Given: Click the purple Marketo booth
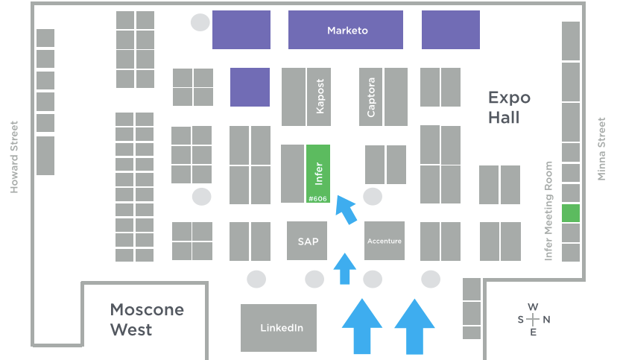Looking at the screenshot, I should pyautogui.click(x=345, y=31).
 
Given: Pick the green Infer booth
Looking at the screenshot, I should pyautogui.click(x=318, y=170).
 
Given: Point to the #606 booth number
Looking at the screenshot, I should pyautogui.click(x=318, y=198).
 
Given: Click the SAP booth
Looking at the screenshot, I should pyautogui.click(x=308, y=241).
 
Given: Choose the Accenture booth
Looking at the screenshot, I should pyautogui.click(x=385, y=241).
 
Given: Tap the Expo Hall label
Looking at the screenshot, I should pyautogui.click(x=509, y=107).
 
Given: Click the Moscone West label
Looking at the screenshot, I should pyautogui.click(x=147, y=319).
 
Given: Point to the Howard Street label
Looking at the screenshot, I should pyautogui.click(x=13, y=157).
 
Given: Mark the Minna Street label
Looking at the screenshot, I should pyautogui.click(x=602, y=149).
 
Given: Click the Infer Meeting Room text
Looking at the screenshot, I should pyautogui.click(x=549, y=211).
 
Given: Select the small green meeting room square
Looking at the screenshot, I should pyautogui.click(x=570, y=212).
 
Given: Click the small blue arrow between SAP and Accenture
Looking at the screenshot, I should pyautogui.click(x=344, y=269).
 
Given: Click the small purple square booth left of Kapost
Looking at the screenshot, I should pyautogui.click(x=250, y=87).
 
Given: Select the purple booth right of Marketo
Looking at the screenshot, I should pyautogui.click(x=450, y=31).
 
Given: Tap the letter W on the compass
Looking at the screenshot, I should pyautogui.click(x=532, y=307).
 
